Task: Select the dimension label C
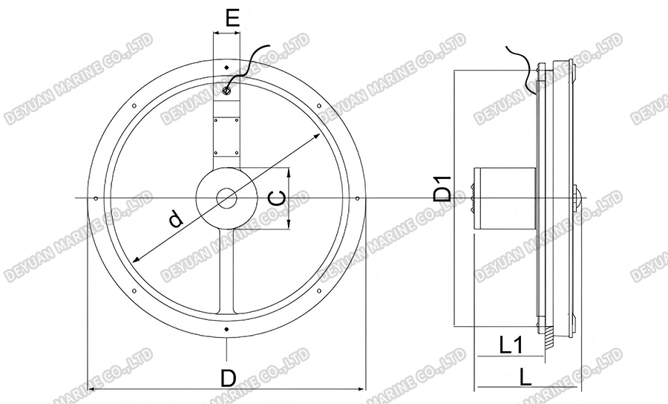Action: [275, 198]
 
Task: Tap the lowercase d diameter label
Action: [175, 219]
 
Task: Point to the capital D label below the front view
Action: [228, 378]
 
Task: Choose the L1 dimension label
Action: [511, 345]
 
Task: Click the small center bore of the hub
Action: [226, 198]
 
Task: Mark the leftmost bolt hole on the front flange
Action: [96, 198]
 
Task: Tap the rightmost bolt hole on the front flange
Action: [357, 198]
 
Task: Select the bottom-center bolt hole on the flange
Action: [226, 328]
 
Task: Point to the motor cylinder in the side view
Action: [505, 198]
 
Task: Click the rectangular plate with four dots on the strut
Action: [226, 136]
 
